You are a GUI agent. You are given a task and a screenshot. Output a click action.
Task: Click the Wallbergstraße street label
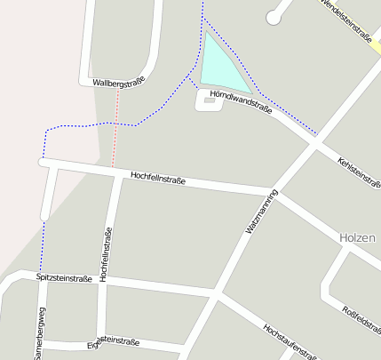pyautogui.click(x=118, y=83)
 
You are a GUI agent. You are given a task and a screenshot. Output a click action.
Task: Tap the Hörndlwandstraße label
pyautogui.click(x=240, y=102)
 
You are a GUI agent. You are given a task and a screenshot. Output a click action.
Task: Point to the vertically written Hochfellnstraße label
pyautogui.click(x=107, y=255)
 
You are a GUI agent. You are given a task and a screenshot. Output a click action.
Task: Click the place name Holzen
pyautogui.click(x=359, y=237)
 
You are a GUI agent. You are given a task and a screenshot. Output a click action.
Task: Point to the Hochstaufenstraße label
pyautogui.click(x=289, y=340)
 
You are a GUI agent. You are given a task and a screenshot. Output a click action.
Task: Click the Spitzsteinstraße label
pyautogui.click(x=64, y=277)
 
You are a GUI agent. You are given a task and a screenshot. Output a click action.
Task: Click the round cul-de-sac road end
pyautogui.click(x=274, y=16)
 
